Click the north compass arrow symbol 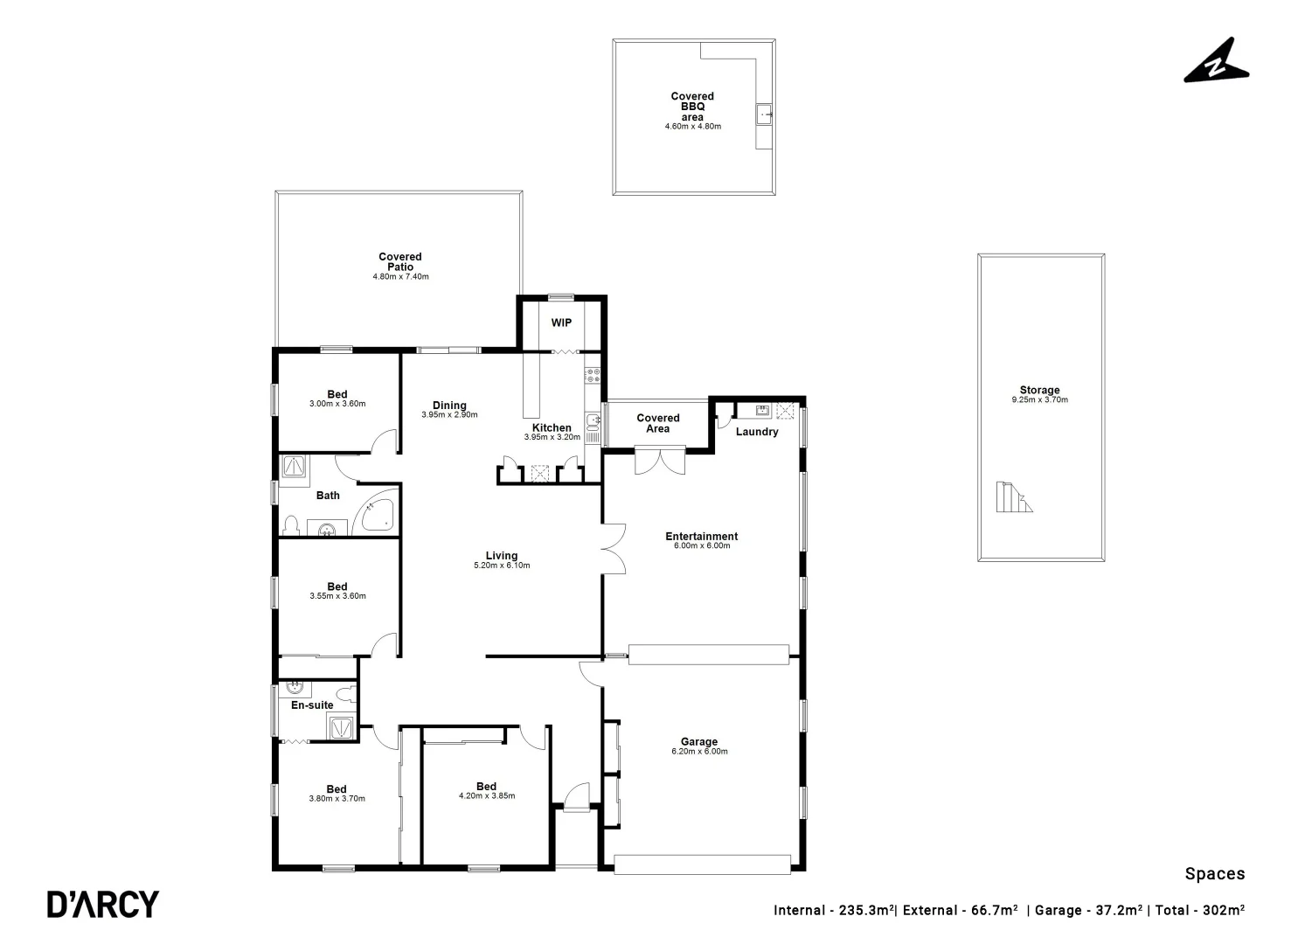[x=1216, y=61]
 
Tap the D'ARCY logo [x=102, y=904]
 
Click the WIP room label [x=561, y=323]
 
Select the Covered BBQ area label [x=692, y=107]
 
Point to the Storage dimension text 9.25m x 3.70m [x=1039, y=400]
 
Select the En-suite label [x=312, y=705]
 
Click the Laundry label [x=756, y=432]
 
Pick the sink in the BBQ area [x=764, y=114]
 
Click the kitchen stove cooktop [x=592, y=376]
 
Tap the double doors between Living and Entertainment [x=613, y=549]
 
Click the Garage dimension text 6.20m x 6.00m [x=699, y=752]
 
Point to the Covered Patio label [x=400, y=261]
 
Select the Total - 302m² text [x=1200, y=910]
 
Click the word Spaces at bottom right [x=1214, y=873]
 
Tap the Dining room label [x=449, y=405]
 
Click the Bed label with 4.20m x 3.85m [x=486, y=786]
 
